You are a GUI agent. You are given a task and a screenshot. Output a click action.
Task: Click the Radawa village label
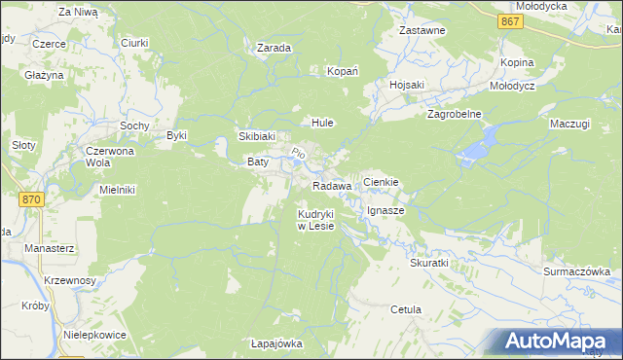click(332, 186)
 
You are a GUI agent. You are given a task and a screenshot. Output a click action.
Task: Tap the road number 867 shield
click(508, 20)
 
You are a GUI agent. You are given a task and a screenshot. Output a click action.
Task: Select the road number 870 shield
click(32, 198)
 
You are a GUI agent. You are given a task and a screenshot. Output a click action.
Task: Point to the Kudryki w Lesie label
click(316, 220)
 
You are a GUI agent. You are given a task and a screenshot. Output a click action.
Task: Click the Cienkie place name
click(382, 182)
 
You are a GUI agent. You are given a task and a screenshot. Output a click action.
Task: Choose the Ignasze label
click(385, 210)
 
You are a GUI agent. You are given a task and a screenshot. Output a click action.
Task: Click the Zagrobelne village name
click(455, 114)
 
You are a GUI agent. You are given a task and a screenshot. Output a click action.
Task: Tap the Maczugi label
click(569, 124)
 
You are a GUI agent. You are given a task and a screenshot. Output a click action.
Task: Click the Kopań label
click(343, 71)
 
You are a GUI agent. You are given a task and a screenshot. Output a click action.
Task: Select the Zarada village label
click(275, 47)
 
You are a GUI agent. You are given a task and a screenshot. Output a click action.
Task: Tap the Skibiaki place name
click(258, 137)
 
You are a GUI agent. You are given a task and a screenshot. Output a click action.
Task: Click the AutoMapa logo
click(559, 341)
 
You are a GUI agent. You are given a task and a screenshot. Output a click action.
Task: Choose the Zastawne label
click(422, 30)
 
